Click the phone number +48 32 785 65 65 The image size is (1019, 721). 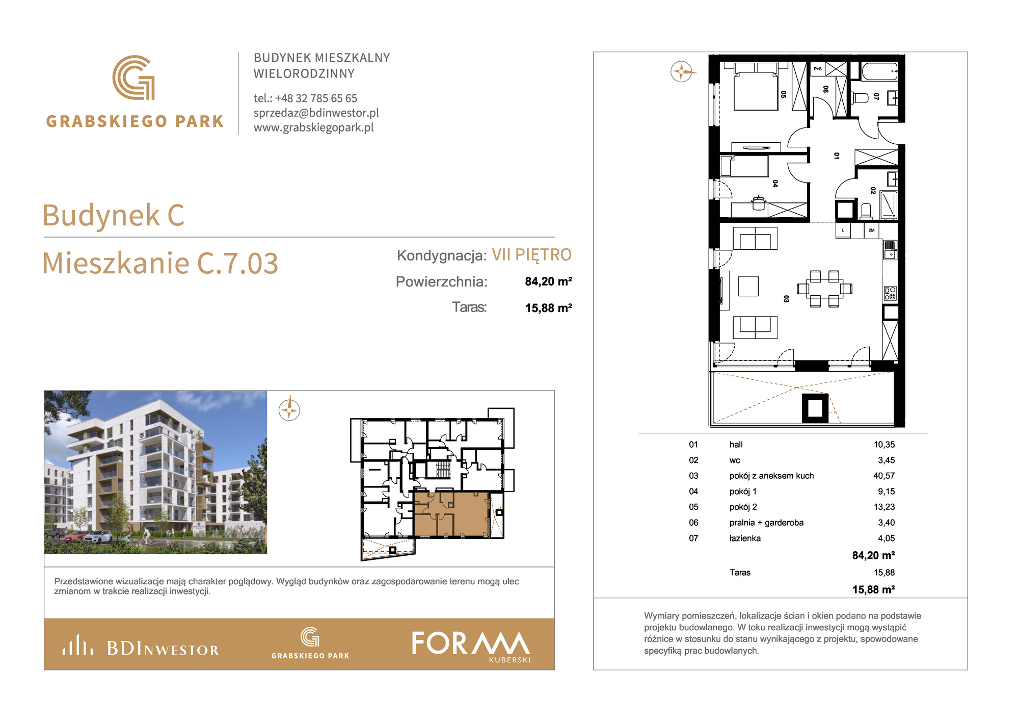point(316,98)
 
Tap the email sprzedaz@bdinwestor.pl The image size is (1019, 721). point(316,113)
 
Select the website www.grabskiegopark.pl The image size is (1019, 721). point(314,127)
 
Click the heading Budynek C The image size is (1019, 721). point(113,215)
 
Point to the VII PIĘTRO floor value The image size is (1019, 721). point(531,254)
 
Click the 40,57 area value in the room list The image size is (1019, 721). point(884,476)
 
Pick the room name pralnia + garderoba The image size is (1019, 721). point(766,523)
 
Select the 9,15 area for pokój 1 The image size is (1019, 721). point(886,492)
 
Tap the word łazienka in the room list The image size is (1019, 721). point(745,538)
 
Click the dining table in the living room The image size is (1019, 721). point(824,289)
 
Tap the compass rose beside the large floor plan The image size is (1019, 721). point(682,72)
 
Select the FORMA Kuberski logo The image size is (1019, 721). point(471,646)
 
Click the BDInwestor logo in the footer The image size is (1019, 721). point(141,646)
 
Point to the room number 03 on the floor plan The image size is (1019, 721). point(786,299)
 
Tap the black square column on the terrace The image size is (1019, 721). point(815,408)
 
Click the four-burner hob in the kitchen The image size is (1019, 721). point(890,293)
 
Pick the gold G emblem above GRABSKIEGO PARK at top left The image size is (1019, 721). point(133,78)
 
